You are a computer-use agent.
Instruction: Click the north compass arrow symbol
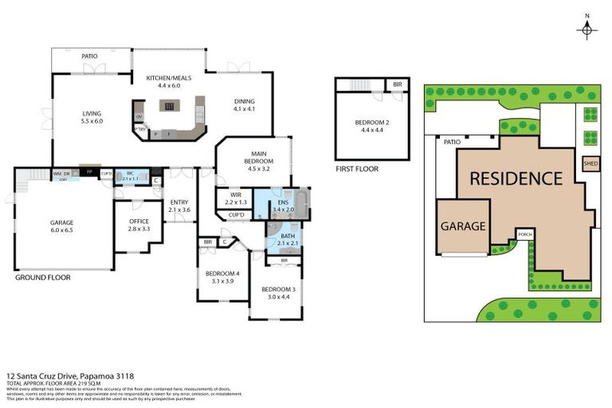pos(586,28)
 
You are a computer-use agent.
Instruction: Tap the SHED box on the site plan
pos(590,165)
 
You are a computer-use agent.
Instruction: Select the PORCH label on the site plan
pos(524,235)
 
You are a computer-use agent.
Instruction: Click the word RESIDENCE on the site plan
pos(516,178)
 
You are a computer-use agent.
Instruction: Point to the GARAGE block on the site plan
pos(463,226)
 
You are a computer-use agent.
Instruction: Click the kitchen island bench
pos(168,105)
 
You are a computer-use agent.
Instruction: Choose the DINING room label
pos(245,101)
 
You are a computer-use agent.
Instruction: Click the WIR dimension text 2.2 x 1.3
pos(235,202)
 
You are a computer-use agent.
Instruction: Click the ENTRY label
pos(178,202)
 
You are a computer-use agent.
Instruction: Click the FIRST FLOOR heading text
pos(357,169)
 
